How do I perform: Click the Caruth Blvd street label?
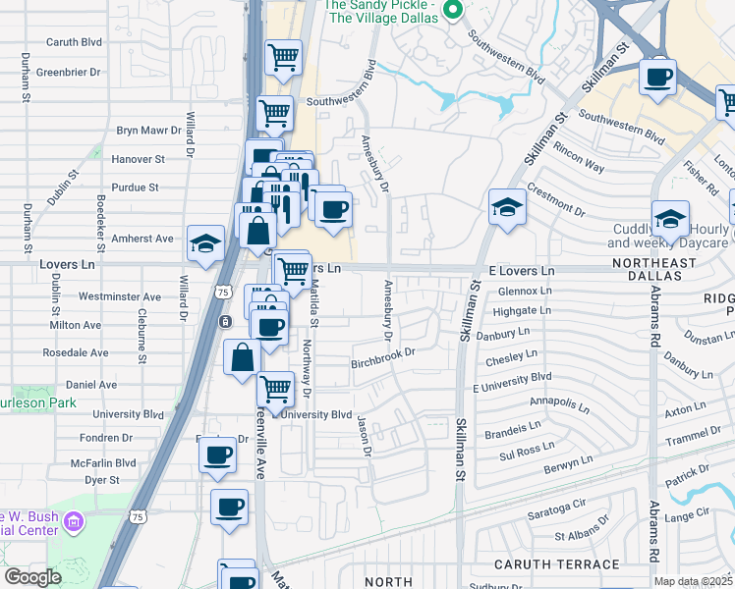[x=75, y=44]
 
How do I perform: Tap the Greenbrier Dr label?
[x=69, y=73]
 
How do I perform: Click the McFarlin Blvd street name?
[x=102, y=463]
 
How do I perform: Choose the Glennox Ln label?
[x=519, y=292]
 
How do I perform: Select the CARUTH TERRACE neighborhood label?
[x=556, y=564]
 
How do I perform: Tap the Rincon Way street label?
[x=579, y=157]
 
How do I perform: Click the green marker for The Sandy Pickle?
[x=453, y=11]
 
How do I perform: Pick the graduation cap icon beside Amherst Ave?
[x=204, y=245]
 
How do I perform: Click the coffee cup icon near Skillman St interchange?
[x=656, y=76]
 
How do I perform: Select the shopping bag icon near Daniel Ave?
[x=242, y=358]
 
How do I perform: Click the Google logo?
[x=32, y=577]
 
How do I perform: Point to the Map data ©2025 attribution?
[x=694, y=581]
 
